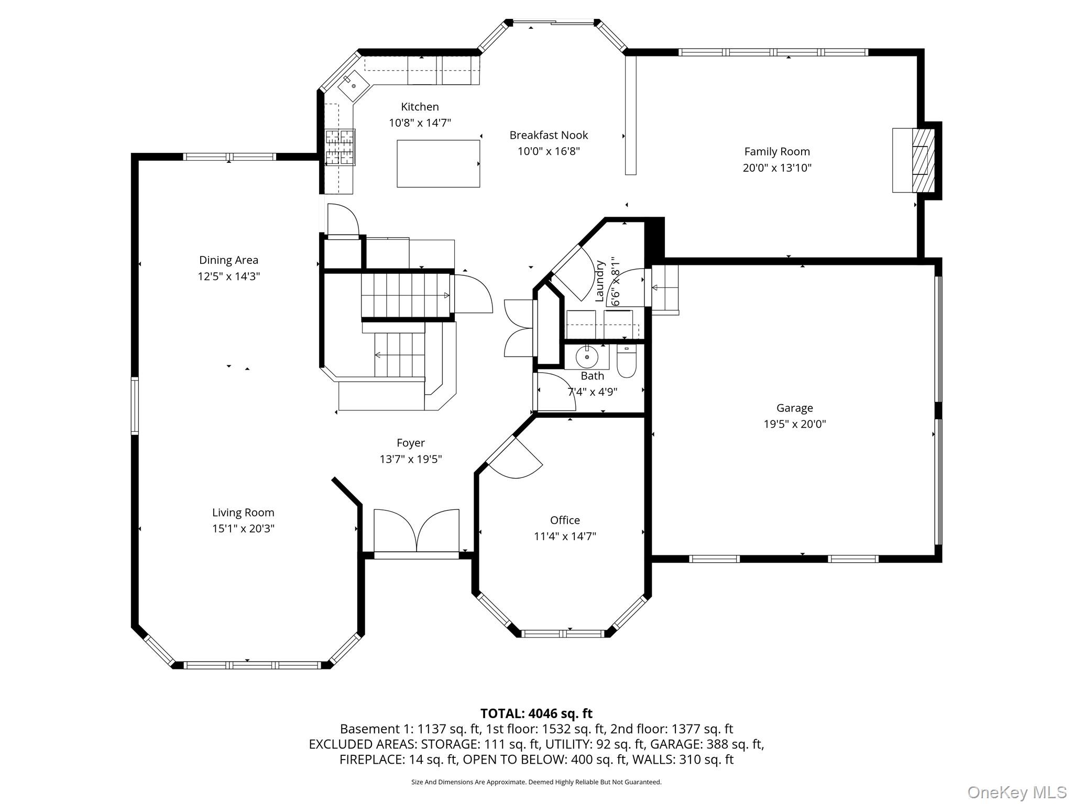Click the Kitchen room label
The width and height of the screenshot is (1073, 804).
pos(420,107)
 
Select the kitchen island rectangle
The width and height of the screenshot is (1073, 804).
pos(438,163)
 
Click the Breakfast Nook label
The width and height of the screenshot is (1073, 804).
pos(549,135)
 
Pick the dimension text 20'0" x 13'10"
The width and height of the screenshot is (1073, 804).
pos(777,168)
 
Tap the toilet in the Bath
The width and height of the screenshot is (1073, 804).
pos(626,361)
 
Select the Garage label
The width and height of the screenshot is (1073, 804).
pos(795,408)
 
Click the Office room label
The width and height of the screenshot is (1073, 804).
pos(565,520)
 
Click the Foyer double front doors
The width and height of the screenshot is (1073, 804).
pos(417,530)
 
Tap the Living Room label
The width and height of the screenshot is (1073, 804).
pos(243,512)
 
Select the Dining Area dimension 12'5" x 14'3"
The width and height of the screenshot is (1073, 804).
pos(228,276)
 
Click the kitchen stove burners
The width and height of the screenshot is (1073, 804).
pos(340,147)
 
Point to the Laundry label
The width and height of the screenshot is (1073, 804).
pos(600,281)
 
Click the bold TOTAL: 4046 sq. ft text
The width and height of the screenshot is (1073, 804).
pos(536,713)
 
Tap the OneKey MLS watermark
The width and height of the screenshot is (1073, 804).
pos(1016,792)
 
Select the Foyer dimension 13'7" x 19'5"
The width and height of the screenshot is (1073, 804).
pos(411,459)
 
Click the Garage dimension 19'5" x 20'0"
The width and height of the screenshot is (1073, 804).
pos(795,424)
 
